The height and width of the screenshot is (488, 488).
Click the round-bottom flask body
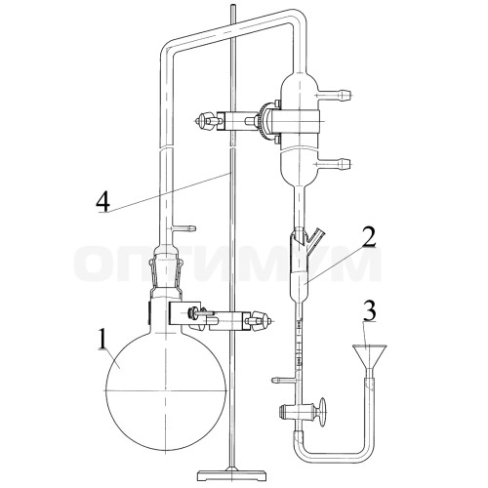[x=166, y=390]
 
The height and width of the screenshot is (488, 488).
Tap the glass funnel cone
[x=370, y=356]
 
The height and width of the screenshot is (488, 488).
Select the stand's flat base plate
[x=231, y=474]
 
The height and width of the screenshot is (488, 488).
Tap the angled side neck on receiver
[x=315, y=237]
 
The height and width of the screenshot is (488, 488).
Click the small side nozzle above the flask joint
[x=184, y=228]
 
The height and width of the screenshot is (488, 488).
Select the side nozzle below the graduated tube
[x=284, y=379]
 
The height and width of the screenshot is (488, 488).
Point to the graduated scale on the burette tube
[x=299, y=344]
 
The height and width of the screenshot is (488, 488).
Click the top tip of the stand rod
[x=231, y=5]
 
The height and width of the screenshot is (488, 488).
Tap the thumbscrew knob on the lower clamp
[x=261, y=321]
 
